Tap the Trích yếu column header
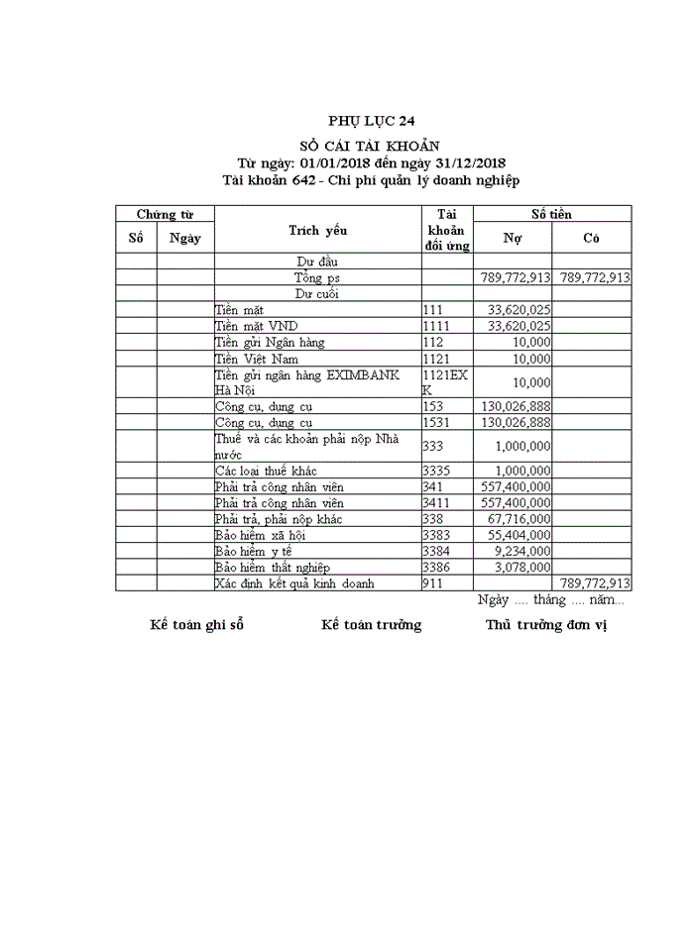pyautogui.click(x=317, y=231)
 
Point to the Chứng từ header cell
pyautogui.click(x=165, y=214)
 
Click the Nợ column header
pyautogui.click(x=513, y=238)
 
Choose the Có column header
pyautogui.click(x=592, y=238)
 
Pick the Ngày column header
pyautogui.click(x=185, y=238)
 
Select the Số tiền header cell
pyautogui.click(x=551, y=214)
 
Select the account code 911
pyautogui.click(x=433, y=583)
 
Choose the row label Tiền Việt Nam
pyautogui.click(x=256, y=359)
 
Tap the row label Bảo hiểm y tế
pyautogui.click(x=253, y=551)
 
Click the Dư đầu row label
pyautogui.click(x=317, y=263)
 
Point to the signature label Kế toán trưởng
pyautogui.click(x=371, y=625)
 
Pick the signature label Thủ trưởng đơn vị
pyautogui.click(x=545, y=625)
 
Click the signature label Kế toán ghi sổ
pyautogui.click(x=196, y=625)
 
